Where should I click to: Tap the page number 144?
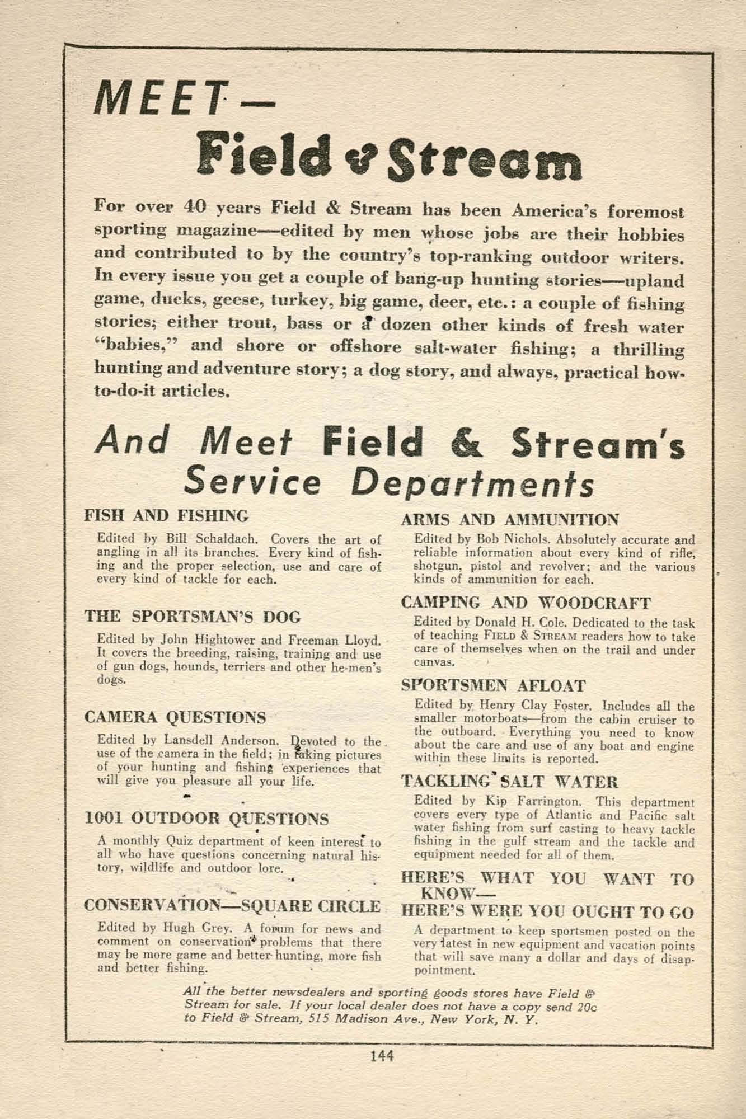click(382, 1056)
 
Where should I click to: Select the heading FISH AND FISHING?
click(166, 515)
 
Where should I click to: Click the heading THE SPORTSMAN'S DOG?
click(193, 617)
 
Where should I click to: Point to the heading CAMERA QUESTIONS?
click(175, 717)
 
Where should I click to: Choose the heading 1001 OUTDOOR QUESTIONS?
click(207, 819)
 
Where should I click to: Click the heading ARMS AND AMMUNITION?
click(510, 520)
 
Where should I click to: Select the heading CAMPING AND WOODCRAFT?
click(526, 603)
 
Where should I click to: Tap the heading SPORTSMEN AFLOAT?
click(494, 685)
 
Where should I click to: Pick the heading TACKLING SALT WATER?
click(509, 782)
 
